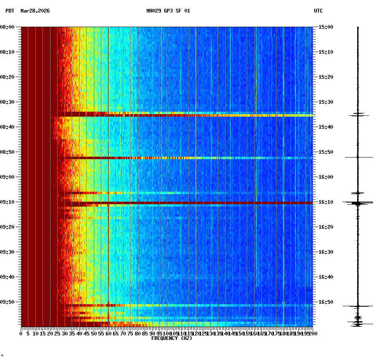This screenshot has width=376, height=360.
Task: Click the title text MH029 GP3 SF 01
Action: (x=168, y=11)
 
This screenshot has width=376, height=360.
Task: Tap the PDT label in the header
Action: (x=10, y=11)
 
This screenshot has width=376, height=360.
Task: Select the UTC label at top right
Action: (x=318, y=11)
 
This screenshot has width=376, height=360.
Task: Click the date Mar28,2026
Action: (x=35, y=11)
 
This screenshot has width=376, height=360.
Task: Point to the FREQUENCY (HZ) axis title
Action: (x=171, y=338)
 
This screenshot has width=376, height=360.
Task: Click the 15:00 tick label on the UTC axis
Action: (x=326, y=27)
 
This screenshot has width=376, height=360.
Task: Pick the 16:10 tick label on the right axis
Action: (x=326, y=202)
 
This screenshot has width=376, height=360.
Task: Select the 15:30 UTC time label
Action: (x=326, y=102)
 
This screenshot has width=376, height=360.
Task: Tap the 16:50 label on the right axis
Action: (x=326, y=302)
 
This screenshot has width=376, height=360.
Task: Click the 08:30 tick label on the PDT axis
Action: (x=8, y=102)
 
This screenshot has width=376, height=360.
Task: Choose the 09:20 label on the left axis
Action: (x=8, y=227)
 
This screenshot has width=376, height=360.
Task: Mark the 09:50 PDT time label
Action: (x=8, y=302)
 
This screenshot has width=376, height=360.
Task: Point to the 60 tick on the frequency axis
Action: (x=108, y=334)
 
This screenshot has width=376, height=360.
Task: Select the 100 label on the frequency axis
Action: (x=167, y=334)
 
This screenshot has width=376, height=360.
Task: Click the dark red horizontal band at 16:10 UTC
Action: (x=188, y=203)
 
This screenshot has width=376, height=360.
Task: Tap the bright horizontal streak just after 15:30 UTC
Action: (x=188, y=115)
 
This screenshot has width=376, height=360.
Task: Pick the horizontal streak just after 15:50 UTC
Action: (x=188, y=158)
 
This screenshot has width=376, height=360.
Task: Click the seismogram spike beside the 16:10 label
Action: (x=357, y=203)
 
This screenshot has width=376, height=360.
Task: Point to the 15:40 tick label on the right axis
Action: (x=326, y=127)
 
